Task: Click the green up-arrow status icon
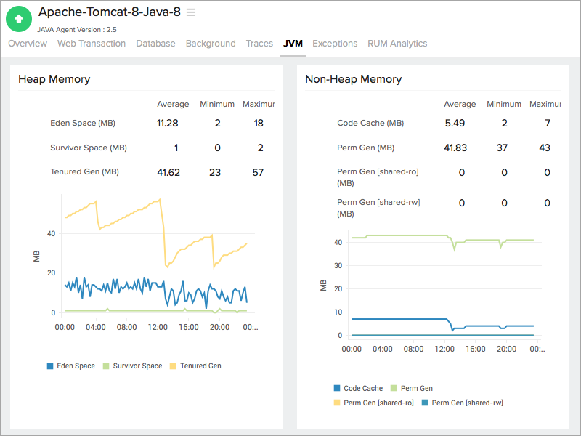(19, 19)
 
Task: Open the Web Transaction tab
(92, 44)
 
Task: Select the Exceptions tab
(335, 44)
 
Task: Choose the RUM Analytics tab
(397, 44)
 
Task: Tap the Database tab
(155, 44)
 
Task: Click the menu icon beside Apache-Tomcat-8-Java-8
(191, 12)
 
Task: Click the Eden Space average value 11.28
(168, 123)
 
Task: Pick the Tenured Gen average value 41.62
(168, 172)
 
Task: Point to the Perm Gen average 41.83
(455, 148)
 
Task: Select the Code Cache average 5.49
(455, 123)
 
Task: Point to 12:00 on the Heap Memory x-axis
(158, 328)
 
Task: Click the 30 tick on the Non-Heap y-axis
(338, 265)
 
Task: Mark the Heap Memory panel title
(54, 79)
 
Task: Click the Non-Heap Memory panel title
(353, 79)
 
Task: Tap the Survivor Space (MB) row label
(89, 148)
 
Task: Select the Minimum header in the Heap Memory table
(217, 104)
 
